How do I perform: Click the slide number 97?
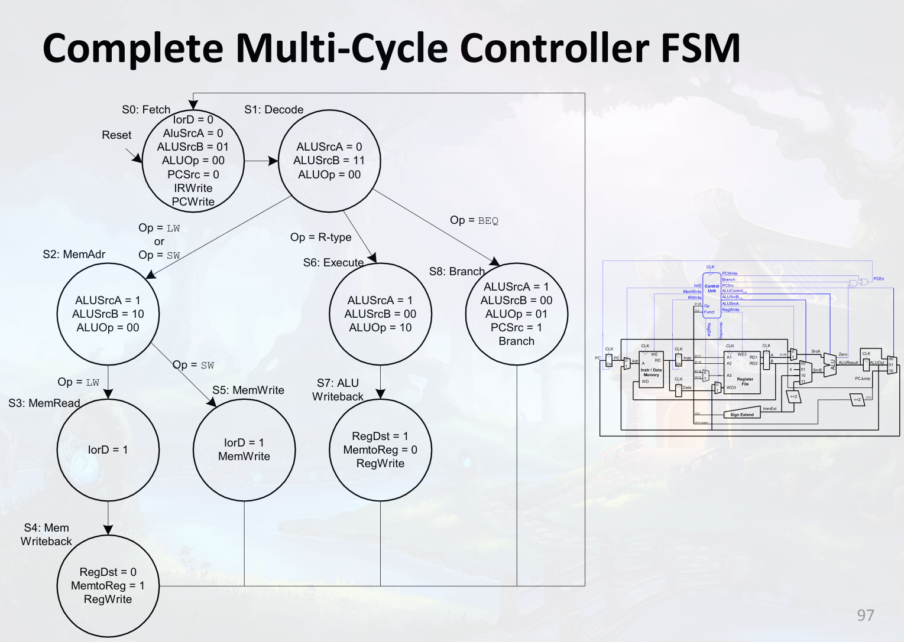click(865, 615)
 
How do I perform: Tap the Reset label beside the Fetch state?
click(116, 135)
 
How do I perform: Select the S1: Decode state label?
click(274, 110)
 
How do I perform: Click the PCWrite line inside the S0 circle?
click(193, 202)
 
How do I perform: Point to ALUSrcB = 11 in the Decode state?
click(329, 161)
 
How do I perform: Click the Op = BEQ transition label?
click(474, 220)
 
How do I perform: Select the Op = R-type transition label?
click(320, 237)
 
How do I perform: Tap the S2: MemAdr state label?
click(74, 255)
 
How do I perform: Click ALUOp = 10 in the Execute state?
click(380, 328)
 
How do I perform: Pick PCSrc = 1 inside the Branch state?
click(516, 328)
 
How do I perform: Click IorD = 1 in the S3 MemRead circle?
click(108, 450)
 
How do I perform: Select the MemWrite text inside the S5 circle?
click(244, 457)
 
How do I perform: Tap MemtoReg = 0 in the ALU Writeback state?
click(380, 450)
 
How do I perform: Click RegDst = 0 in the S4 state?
click(108, 572)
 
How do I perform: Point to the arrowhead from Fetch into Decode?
click(273, 161)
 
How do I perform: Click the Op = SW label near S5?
click(193, 366)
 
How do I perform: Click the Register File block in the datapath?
click(743, 373)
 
